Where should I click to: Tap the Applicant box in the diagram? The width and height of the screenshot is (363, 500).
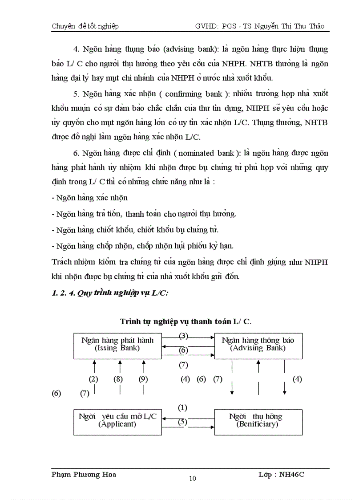117,420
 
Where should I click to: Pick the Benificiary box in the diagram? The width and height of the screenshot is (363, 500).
258,420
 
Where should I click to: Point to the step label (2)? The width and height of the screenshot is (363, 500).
93,379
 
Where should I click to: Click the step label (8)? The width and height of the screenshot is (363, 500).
118,379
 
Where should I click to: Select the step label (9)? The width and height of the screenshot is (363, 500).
143,379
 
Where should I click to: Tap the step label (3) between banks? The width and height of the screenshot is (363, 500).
183,336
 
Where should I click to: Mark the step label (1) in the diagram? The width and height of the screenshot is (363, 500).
183,407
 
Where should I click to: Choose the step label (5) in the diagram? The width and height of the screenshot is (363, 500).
183,422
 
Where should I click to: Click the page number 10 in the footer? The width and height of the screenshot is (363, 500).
192,479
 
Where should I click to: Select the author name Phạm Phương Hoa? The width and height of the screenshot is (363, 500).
84,474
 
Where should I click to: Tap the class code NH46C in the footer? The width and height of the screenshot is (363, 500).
291,474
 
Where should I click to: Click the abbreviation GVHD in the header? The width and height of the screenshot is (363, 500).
206,26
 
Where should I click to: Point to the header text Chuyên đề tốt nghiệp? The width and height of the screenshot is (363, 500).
85,26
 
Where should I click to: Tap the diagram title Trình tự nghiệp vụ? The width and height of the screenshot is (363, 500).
188,321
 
